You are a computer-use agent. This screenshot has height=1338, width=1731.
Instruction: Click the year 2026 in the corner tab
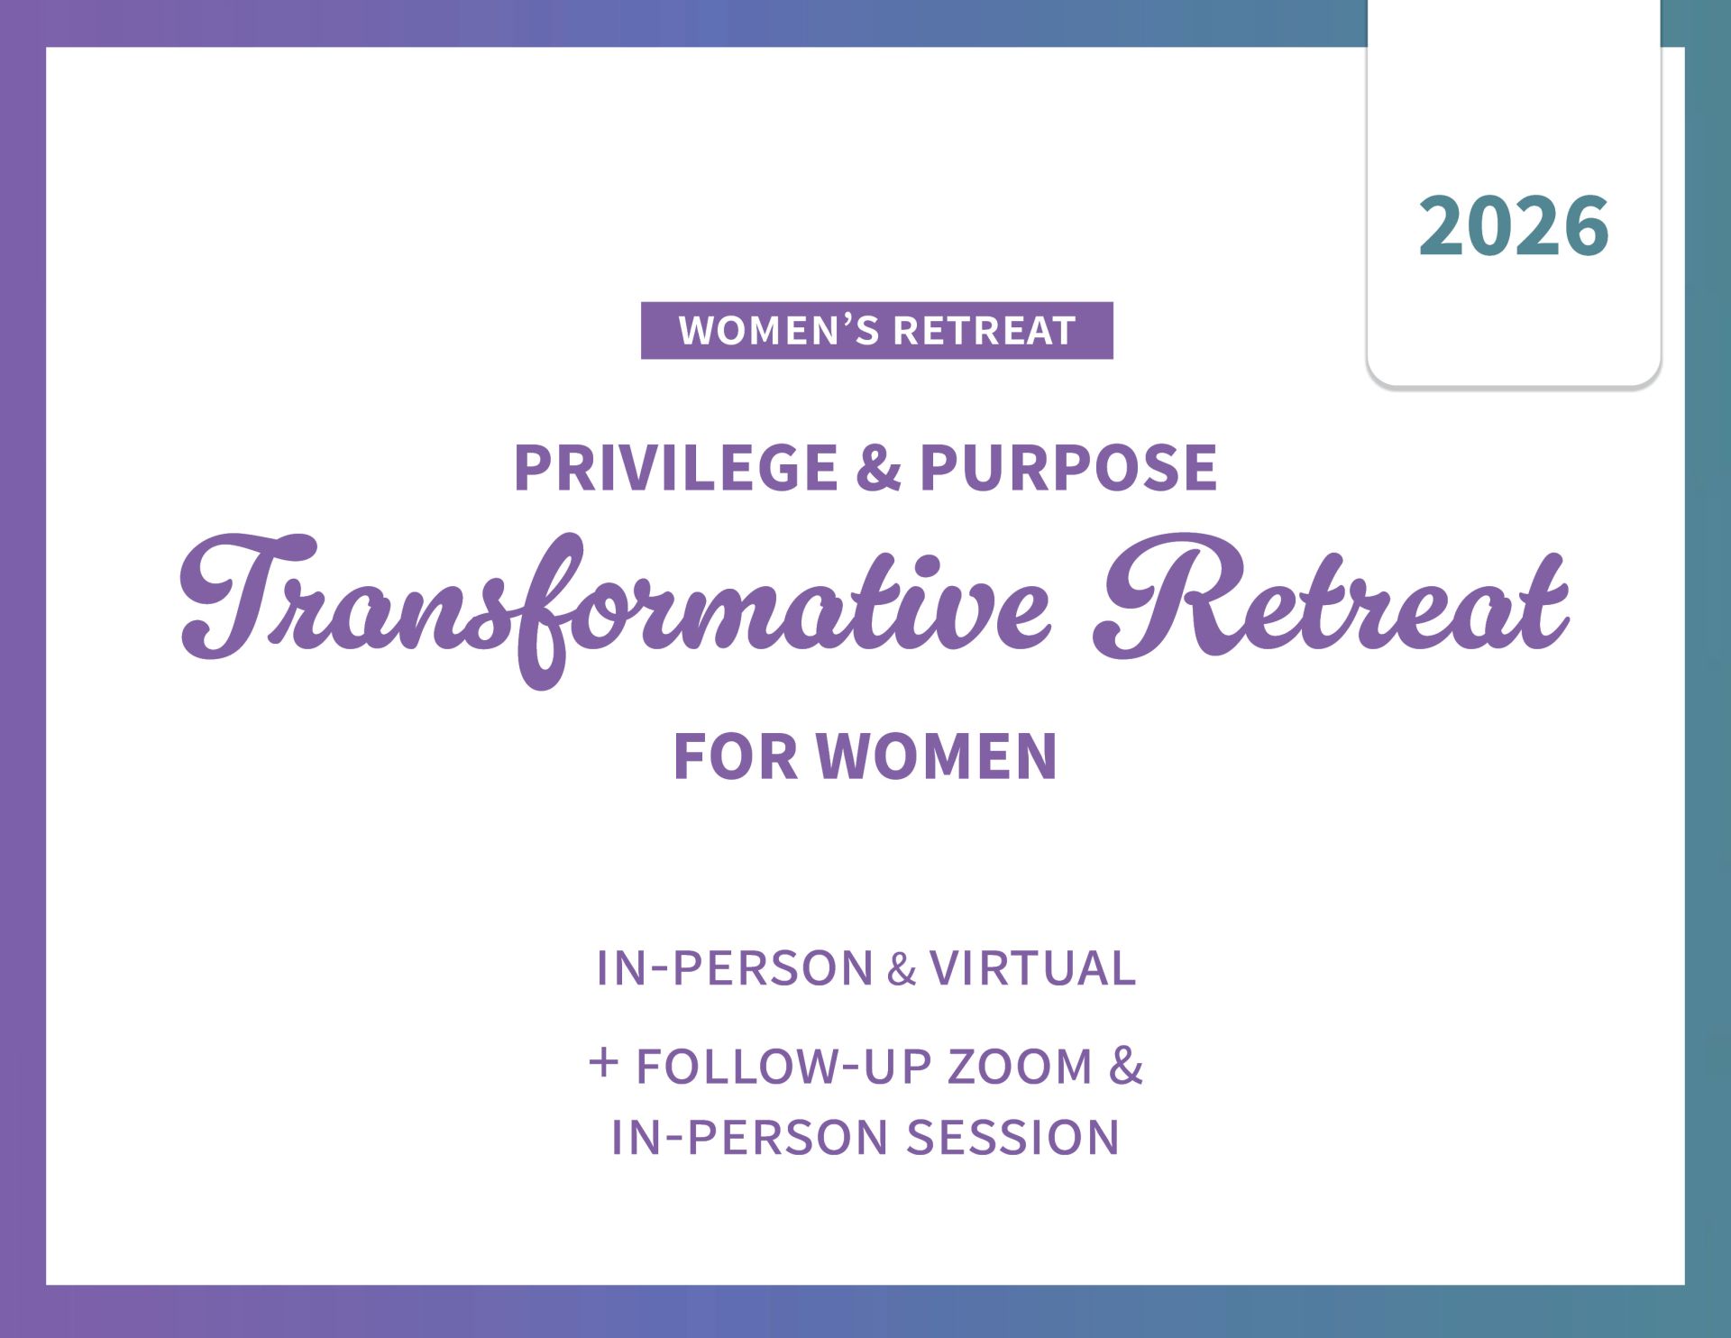click(x=1514, y=225)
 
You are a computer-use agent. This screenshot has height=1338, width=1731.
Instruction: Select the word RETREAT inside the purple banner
click(x=985, y=331)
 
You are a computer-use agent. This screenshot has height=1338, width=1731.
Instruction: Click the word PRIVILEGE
click(x=676, y=468)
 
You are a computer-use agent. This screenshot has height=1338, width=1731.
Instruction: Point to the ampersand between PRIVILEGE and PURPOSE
click(x=879, y=468)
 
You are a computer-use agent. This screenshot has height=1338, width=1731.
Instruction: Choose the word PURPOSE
click(x=1068, y=468)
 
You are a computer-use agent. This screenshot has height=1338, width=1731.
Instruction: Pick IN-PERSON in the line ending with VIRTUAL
click(x=735, y=968)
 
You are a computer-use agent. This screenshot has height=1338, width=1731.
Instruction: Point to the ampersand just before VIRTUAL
click(x=902, y=970)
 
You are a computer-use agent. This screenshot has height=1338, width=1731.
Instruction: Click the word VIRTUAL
click(x=1032, y=968)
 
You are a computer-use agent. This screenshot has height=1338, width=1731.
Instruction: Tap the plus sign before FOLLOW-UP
click(x=603, y=1062)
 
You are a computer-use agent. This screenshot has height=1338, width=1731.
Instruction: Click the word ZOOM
click(x=1020, y=1067)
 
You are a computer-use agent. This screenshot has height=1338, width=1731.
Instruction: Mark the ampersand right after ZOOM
click(x=1126, y=1066)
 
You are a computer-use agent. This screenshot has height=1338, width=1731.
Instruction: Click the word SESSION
click(x=1012, y=1137)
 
